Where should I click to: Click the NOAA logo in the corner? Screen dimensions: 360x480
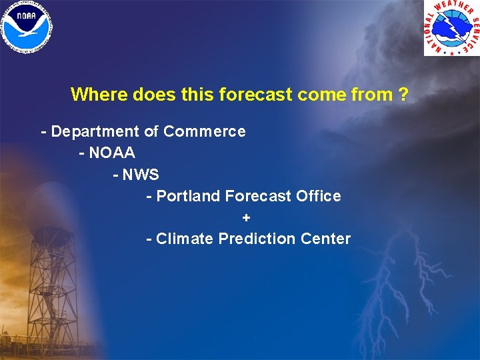27,27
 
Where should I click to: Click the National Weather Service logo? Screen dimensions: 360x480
451,27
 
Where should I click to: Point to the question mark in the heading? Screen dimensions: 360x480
403,95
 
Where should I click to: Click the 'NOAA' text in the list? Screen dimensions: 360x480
111,153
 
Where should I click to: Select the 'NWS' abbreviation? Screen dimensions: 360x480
140,175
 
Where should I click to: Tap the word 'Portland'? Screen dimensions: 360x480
188,196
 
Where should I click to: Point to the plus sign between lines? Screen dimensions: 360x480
247,217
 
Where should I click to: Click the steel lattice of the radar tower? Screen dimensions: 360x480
64,280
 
